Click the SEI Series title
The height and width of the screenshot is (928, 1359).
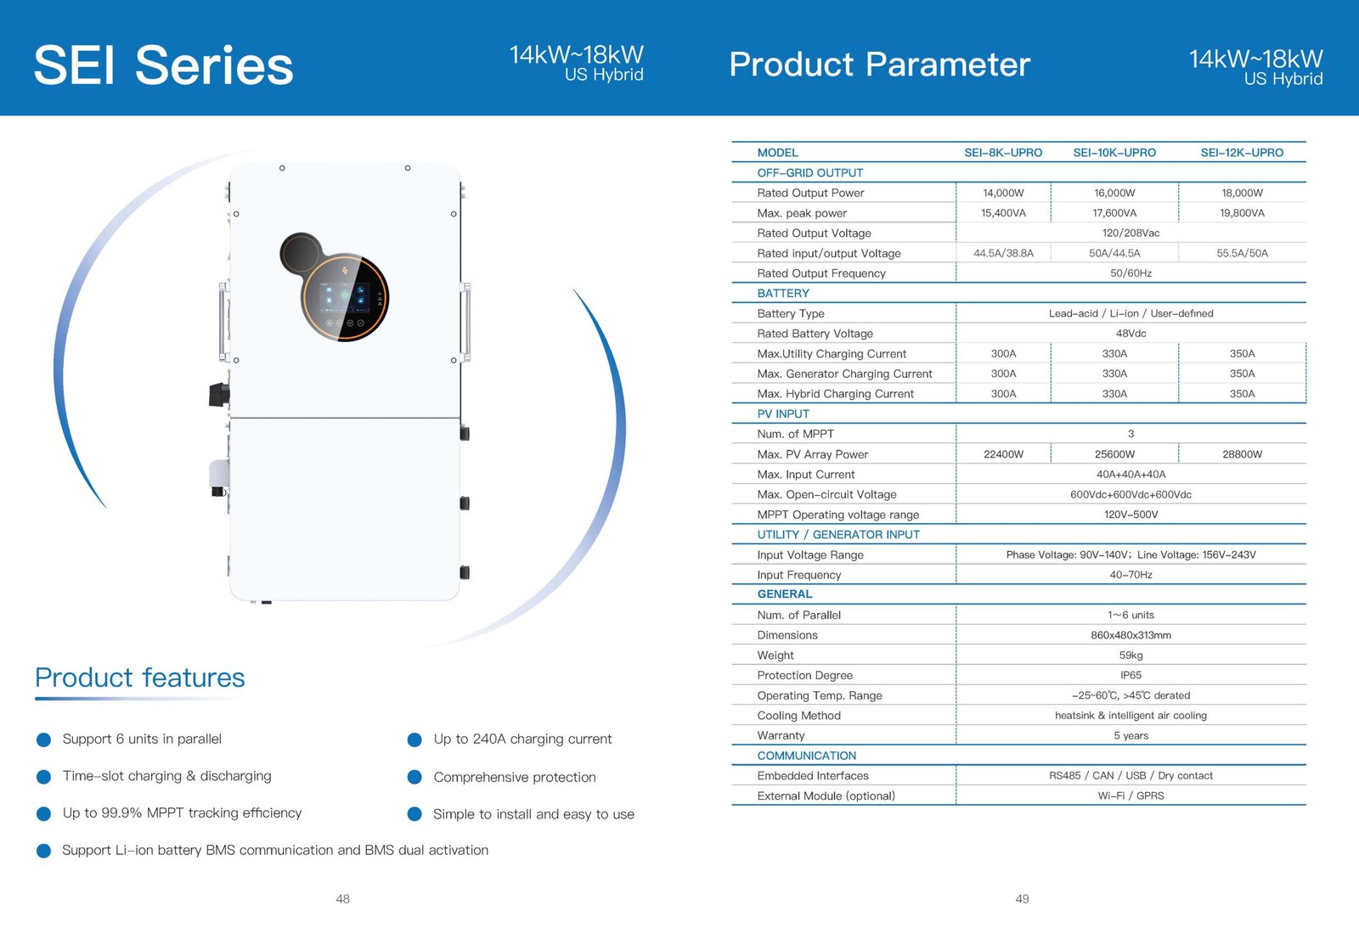click(163, 65)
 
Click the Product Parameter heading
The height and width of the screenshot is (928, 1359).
click(879, 65)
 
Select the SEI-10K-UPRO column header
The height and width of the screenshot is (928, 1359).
click(1114, 153)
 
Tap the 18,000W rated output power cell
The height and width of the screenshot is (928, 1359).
click(1242, 193)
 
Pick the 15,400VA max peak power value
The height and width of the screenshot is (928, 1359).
click(1003, 213)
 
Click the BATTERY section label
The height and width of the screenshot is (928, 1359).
click(783, 293)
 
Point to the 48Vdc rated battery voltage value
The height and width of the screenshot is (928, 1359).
click(1131, 334)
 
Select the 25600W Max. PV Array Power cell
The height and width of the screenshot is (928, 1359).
click(1114, 454)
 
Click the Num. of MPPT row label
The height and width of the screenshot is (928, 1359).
click(795, 434)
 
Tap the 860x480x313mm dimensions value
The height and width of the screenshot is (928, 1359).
click(1131, 635)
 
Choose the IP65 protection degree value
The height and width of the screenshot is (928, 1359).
click(1131, 675)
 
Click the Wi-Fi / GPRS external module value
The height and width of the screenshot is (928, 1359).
click(1131, 796)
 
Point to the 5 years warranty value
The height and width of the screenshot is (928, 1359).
click(1131, 735)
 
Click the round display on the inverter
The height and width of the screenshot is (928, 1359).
click(345, 297)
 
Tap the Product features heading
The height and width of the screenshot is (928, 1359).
click(140, 678)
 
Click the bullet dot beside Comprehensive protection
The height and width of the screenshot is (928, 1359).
click(414, 777)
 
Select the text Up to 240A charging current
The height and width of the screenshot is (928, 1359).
click(522, 739)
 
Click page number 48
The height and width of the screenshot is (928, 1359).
click(342, 898)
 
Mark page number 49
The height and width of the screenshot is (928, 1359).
click(1022, 898)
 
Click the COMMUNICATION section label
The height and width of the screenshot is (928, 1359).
click(806, 756)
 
